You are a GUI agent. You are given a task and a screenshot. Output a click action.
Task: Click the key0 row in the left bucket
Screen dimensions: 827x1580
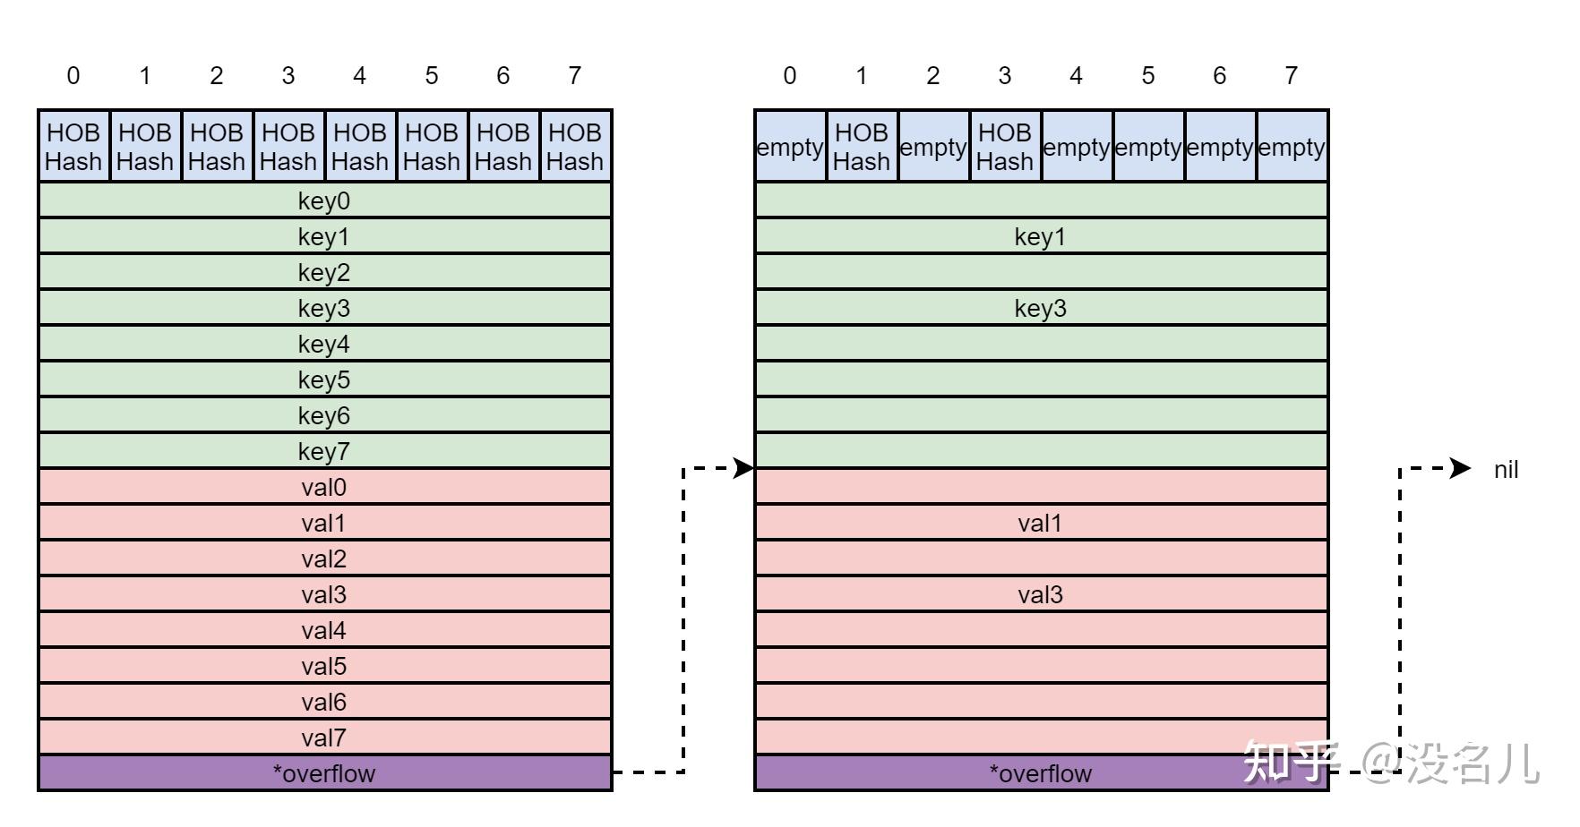324,200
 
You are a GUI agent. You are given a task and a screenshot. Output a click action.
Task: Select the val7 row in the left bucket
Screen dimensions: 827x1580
324,737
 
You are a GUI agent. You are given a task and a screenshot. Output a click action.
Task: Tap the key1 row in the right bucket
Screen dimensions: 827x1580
1041,236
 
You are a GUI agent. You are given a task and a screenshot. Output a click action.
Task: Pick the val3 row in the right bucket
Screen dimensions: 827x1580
1041,594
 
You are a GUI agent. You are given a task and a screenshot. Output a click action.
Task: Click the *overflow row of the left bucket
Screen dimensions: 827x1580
324,773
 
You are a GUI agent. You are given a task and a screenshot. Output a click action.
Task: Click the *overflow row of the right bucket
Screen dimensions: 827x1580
1041,773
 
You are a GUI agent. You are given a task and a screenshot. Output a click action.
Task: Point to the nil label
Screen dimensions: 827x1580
1506,469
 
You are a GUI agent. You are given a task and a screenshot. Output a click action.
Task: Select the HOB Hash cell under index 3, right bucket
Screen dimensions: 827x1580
1005,147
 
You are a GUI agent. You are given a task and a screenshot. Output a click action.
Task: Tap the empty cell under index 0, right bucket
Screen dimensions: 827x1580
790,147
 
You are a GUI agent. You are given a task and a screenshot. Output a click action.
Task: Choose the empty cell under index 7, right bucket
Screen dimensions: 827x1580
1292,147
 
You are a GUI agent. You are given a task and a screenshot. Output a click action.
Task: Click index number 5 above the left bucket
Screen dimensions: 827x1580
432,76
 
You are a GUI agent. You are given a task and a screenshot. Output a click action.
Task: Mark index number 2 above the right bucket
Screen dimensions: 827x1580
933,76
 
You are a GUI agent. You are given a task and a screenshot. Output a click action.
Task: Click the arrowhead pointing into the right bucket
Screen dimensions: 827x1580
744,467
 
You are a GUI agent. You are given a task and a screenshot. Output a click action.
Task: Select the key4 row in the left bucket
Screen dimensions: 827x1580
324,344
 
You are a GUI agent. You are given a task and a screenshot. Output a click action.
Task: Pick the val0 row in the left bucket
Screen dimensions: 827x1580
324,487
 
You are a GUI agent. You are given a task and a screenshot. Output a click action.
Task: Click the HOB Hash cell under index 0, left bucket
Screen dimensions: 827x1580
73,147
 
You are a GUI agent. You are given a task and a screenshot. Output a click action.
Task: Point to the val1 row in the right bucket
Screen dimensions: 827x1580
1041,523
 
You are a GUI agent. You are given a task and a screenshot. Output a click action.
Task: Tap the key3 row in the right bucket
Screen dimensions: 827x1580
1041,308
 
